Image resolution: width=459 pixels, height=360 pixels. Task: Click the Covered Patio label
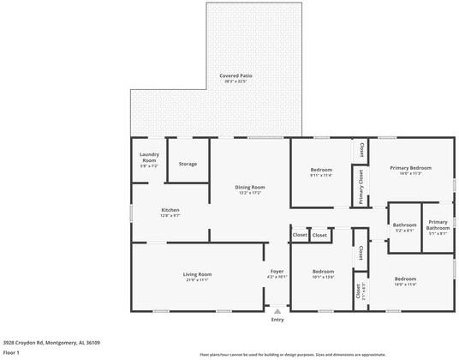tap(233, 75)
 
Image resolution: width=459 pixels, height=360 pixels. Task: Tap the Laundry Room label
tap(149, 158)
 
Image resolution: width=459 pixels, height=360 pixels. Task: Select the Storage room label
tap(188, 164)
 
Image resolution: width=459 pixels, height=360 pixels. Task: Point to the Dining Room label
tap(250, 187)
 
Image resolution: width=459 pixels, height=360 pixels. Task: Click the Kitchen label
tap(170, 209)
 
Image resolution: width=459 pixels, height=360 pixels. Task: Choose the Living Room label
tap(196, 274)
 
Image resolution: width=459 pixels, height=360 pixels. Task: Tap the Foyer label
tap(277, 271)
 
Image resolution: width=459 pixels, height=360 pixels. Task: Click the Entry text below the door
tap(277, 320)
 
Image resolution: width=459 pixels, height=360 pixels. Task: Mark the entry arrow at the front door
tap(277, 311)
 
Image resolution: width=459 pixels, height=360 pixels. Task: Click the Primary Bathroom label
tap(438, 225)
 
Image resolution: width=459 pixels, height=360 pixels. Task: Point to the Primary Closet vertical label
tap(361, 186)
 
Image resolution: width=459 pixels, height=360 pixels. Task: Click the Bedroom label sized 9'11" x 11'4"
tap(320, 171)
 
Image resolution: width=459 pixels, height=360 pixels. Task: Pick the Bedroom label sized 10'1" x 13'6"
tap(323, 271)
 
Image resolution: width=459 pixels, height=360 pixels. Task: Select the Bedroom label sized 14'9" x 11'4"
tap(405, 279)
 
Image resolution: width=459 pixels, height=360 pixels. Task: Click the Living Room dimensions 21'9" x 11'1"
tap(196, 280)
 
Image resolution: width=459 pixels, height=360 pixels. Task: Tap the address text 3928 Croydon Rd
tap(51, 342)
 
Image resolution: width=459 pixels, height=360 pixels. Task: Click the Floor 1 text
tap(12, 352)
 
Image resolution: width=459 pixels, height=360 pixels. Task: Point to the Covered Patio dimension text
tap(233, 81)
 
